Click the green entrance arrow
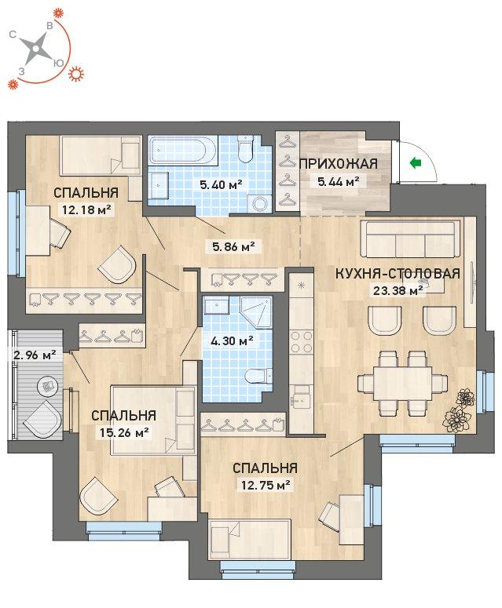click(x=416, y=163)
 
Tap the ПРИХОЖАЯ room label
click(x=339, y=164)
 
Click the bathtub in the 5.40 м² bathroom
click(x=181, y=150)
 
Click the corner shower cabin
click(x=255, y=313)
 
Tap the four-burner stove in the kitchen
click(x=301, y=341)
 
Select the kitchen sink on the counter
click(x=301, y=401)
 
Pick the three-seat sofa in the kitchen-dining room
click(x=410, y=239)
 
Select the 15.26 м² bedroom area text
click(x=125, y=431)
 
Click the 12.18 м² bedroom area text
click(x=87, y=209)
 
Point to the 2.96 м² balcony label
click(x=35, y=354)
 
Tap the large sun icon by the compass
click(x=76, y=73)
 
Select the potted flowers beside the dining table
click(x=459, y=411)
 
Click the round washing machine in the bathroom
click(x=260, y=202)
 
